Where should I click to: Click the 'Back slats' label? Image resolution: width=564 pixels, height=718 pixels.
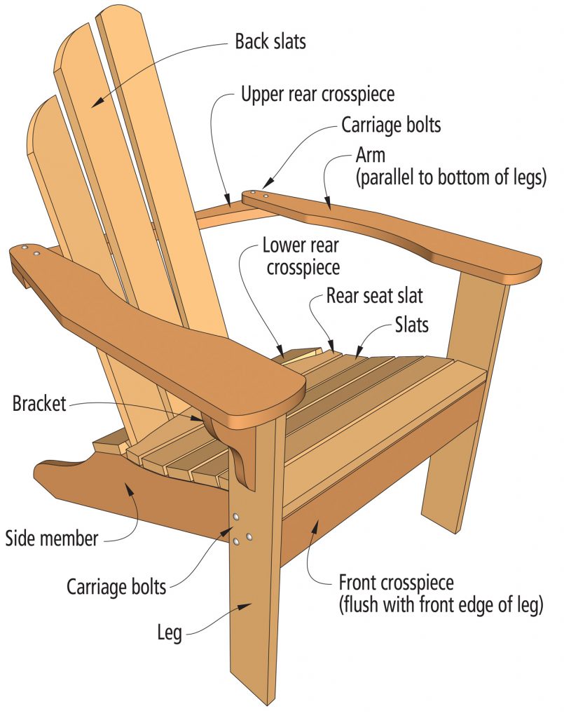[270, 41]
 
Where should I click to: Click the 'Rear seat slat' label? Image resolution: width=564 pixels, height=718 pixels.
[374, 295]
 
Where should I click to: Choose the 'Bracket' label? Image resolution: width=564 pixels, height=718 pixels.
[39, 404]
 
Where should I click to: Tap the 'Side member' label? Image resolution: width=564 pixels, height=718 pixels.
[52, 539]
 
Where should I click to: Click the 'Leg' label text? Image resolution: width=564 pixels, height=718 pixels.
[170, 634]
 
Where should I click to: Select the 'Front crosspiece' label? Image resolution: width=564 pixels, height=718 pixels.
[397, 583]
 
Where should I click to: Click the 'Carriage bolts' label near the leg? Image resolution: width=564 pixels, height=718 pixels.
[117, 585]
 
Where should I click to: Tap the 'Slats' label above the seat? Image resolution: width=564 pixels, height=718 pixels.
[412, 325]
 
